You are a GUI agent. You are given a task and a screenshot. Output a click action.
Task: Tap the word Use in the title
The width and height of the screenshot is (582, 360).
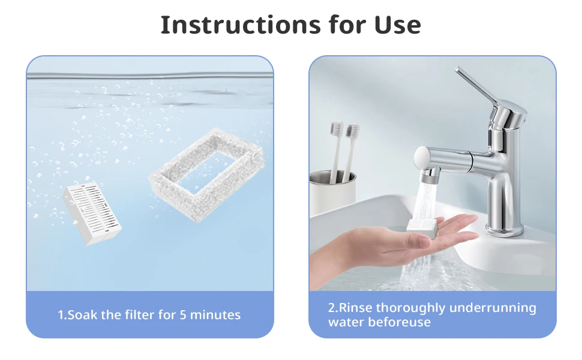pyautogui.click(x=398, y=25)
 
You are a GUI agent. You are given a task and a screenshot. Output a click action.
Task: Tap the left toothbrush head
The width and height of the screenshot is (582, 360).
pyautogui.click(x=336, y=129)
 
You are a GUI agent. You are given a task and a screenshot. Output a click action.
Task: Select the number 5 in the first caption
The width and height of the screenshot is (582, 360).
pyautogui.click(x=183, y=315)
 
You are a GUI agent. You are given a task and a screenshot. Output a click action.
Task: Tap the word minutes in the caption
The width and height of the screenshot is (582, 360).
pyautogui.click(x=215, y=315)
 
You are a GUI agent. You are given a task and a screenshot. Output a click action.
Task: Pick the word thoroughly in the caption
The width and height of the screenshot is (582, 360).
pyautogui.click(x=410, y=308)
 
